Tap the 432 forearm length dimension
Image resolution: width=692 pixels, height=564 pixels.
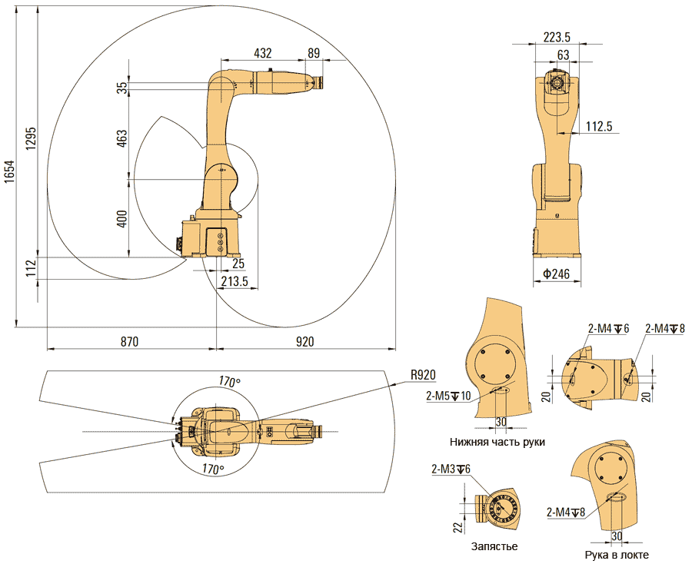pos(264,53)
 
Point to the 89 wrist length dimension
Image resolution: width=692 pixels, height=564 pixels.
pos(313,53)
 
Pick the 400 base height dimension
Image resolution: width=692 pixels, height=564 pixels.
pos(122,219)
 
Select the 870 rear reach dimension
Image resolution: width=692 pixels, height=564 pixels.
pos(128,341)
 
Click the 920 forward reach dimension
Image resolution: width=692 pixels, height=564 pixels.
pos(305,341)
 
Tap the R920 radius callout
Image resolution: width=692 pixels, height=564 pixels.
pos(423,375)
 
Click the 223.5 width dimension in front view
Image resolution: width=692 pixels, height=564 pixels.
pos(556,37)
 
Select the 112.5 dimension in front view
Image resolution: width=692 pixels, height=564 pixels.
pos(598,127)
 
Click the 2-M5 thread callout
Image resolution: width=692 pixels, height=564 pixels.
pos(448,396)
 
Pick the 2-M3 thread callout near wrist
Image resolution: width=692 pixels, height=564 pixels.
pos(451,469)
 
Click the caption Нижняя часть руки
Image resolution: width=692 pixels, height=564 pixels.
pos(497,442)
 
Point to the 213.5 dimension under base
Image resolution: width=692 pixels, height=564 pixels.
pos(234,282)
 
